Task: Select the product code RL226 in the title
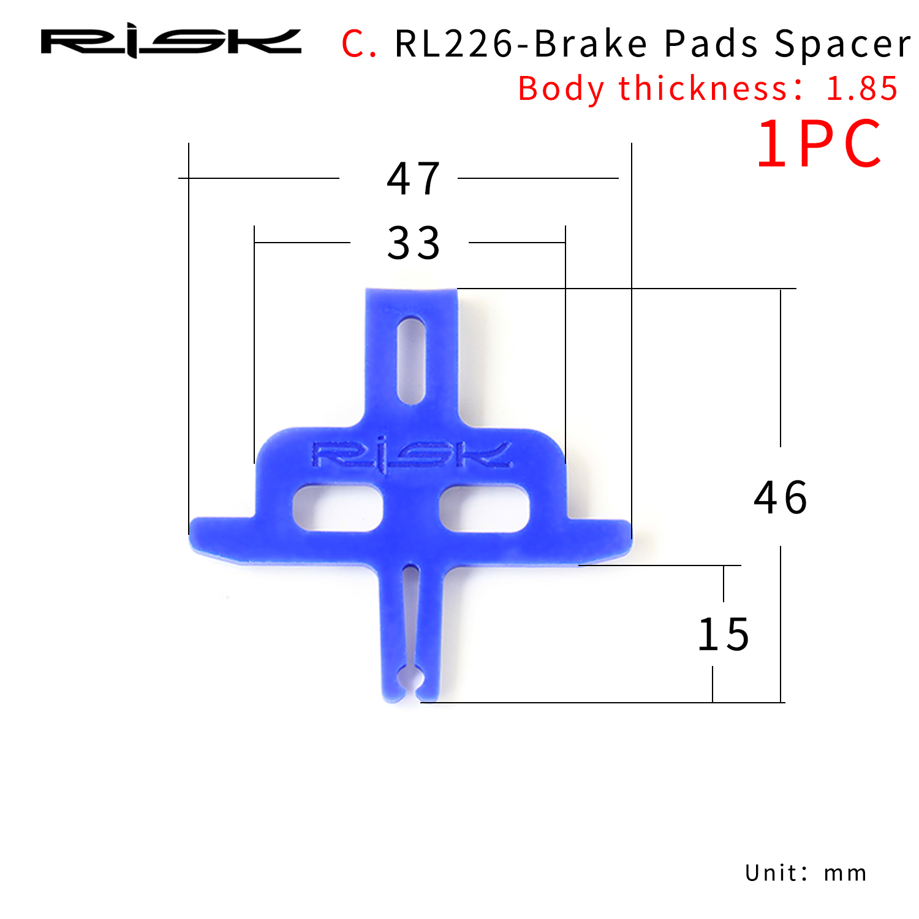coord(453,44)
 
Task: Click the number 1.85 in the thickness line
coord(861,89)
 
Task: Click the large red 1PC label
coord(819,145)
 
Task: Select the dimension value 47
coord(414,179)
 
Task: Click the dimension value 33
coord(414,243)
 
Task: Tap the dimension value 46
coord(781,497)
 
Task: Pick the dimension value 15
coord(724,635)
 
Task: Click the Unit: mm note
coord(806,872)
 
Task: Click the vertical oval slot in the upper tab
coord(411,360)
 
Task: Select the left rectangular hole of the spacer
coord(338,507)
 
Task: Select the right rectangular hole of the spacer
coord(484,507)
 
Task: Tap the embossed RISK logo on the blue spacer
coord(412,455)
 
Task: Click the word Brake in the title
coord(591,44)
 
